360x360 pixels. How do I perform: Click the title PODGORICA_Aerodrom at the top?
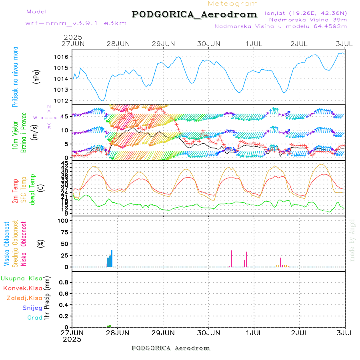[x=194, y=14]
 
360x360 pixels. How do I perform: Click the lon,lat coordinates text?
[x=306, y=13]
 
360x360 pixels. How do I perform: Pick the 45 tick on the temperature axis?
[x=65, y=164]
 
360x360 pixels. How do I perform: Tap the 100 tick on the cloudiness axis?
[x=64, y=220]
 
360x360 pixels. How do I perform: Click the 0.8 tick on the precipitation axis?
[x=64, y=282]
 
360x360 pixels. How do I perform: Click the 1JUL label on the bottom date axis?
[x=254, y=332]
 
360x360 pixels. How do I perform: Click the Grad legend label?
[x=35, y=318]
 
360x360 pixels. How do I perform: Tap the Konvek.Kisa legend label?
[x=23, y=288]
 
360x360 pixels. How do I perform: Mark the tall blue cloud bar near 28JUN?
[x=112, y=258]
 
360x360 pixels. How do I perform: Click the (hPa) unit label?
[x=36, y=76]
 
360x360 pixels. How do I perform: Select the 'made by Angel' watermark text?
[x=352, y=240]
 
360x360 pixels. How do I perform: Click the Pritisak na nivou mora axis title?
[x=16, y=76]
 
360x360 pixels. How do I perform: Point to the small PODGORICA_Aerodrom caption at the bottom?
[x=170, y=348]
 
